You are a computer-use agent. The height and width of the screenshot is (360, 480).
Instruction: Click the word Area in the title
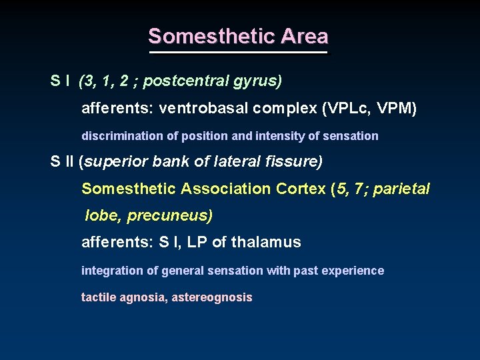point(305,36)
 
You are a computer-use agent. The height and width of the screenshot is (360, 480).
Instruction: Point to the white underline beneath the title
point(239,52)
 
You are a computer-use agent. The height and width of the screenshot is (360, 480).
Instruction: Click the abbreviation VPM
point(397,108)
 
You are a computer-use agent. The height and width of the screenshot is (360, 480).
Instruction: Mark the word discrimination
point(123,136)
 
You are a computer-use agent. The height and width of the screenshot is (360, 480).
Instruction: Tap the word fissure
point(296,162)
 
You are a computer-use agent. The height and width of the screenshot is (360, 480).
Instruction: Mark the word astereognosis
point(212,297)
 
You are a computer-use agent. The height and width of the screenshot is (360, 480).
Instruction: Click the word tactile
point(99,297)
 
